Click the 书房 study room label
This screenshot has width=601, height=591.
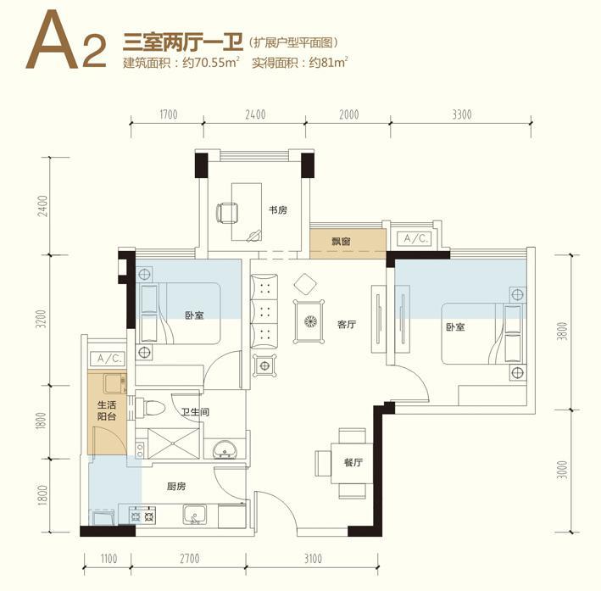coord(277,210)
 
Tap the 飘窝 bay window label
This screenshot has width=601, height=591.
coord(341,242)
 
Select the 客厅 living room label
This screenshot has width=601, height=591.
coord(347,325)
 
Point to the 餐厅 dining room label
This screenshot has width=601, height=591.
coord(353,462)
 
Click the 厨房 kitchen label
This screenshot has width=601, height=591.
coord(176,487)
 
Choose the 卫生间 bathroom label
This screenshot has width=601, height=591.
coord(196,412)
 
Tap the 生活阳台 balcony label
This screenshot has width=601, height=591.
coord(107,410)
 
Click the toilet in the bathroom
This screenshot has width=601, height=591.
coord(150,408)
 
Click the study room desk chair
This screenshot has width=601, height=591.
coord(227,213)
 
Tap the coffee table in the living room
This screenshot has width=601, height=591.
coord(309,321)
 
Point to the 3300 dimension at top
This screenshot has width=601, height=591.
coord(461,114)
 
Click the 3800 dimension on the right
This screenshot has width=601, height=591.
coord(562,332)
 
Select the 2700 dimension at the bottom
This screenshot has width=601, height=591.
coord(190,559)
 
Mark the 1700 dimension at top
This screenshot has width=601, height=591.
coord(169,114)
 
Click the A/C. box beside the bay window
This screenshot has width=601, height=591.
coord(416,239)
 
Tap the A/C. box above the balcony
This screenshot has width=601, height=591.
coord(109,359)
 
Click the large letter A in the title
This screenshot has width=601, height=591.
coord(52,40)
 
